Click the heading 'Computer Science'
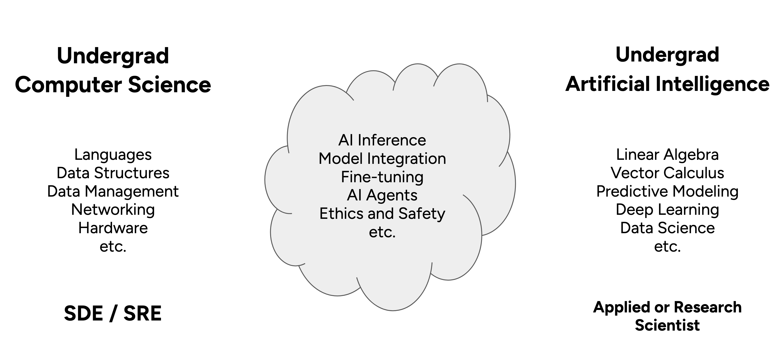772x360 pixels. [113, 85]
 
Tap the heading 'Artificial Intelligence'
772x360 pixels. [667, 84]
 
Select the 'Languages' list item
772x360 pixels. [113, 155]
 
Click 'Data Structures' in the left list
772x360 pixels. [113, 173]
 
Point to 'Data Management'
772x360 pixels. [113, 191]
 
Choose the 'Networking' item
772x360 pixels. [113, 210]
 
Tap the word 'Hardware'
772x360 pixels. [113, 228]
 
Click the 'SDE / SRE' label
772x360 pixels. [113, 314]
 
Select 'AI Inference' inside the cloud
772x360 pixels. [382, 140]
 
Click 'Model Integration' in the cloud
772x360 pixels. [382, 159]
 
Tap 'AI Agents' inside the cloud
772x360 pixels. [382, 195]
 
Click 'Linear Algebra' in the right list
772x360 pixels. [667, 155]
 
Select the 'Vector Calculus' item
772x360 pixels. [667, 173]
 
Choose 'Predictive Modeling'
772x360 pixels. [667, 191]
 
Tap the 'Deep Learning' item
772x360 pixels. [667, 210]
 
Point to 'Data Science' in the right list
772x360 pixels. [667, 228]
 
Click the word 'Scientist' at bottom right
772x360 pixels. [667, 325]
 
